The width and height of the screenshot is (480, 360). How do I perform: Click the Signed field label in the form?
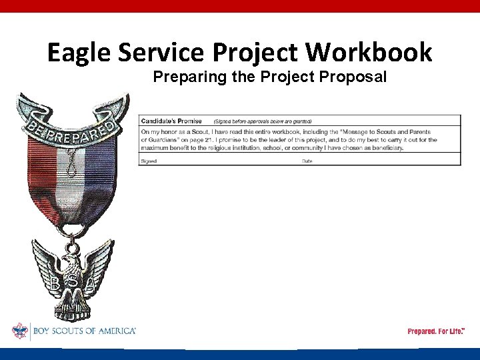(x=149, y=161)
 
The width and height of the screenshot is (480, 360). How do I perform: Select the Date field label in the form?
(x=307, y=161)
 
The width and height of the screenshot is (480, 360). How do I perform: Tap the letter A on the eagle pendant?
(x=95, y=284)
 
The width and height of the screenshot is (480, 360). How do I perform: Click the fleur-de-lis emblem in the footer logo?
(x=20, y=331)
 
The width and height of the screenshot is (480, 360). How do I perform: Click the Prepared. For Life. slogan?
(x=436, y=331)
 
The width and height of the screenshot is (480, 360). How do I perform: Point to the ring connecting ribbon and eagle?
(x=73, y=233)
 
